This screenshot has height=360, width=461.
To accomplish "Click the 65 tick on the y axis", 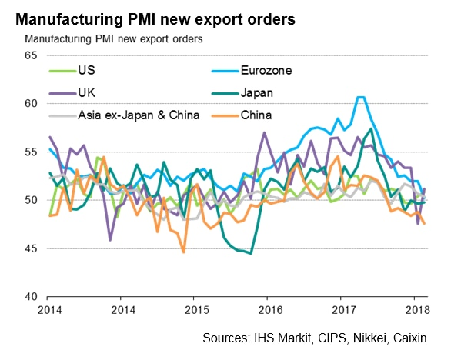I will pos(31,55).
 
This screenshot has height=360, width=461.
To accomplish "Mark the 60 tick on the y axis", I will pos(31,104).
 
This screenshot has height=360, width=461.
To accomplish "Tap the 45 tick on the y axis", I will pos(31,248).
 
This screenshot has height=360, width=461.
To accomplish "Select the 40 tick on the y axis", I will pos(31,297).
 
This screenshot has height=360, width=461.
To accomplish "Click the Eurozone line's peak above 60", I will pos(359,98).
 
